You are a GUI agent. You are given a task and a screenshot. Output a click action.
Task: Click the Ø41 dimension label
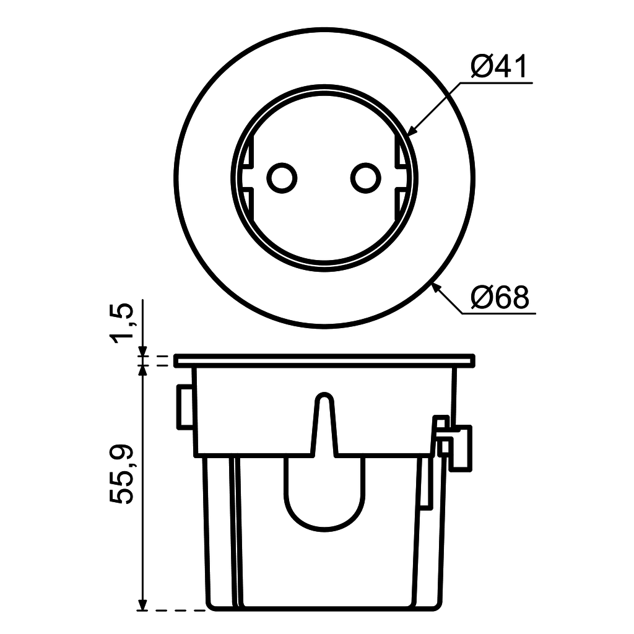[499, 66]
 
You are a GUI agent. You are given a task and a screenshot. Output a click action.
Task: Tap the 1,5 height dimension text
[123, 322]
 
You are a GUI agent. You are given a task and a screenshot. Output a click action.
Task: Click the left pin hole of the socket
[282, 178]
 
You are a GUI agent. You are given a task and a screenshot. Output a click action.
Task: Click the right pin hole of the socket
[365, 178]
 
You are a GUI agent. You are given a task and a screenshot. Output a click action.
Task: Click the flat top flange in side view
[325, 360]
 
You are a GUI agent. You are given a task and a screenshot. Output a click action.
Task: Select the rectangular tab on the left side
[185, 406]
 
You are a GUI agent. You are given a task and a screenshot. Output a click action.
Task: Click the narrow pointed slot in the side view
[323, 421]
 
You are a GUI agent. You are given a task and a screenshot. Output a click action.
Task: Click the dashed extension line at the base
[180, 610]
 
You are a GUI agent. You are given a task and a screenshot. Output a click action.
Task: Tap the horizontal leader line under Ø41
[495, 82]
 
